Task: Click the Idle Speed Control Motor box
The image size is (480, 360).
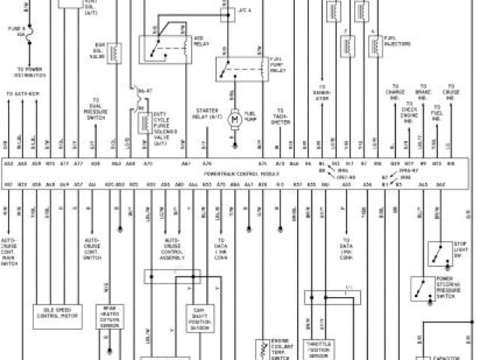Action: coord(57,312)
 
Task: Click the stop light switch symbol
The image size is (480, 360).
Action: coord(435,256)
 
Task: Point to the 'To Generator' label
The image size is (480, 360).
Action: coord(322,94)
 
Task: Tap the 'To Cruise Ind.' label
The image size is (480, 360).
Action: coord(450,95)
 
